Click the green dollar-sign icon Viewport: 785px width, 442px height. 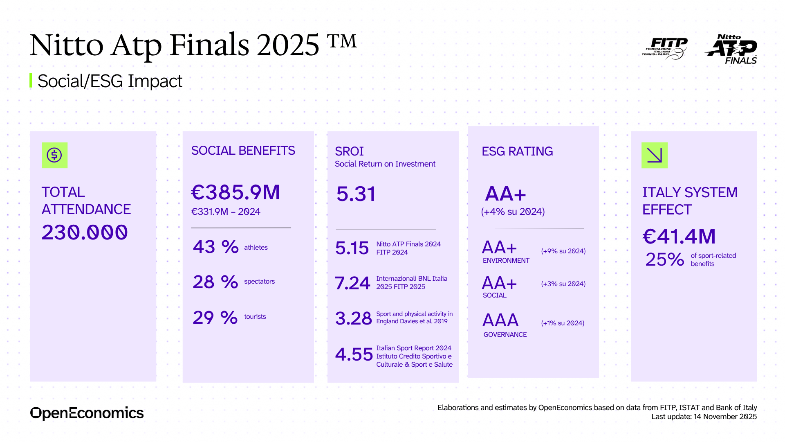point(54,155)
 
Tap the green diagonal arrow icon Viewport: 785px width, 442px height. point(654,155)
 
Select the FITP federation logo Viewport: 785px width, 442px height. point(665,48)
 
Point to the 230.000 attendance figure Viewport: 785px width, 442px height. point(85,232)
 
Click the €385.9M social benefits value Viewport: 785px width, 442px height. point(235,192)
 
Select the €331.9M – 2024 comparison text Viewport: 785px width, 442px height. point(226,212)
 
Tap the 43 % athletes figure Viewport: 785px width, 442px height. point(215,247)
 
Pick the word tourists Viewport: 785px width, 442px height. point(255,316)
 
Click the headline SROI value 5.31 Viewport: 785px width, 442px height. point(356,194)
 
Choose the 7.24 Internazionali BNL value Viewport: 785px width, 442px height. point(352,283)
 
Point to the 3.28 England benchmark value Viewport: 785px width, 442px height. point(353,318)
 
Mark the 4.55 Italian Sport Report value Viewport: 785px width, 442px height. point(354,354)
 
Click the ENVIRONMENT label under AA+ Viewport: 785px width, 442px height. point(506,260)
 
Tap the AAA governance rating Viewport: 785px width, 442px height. point(500,320)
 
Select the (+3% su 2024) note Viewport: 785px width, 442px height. point(563,284)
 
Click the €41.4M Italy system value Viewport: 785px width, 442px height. point(679,236)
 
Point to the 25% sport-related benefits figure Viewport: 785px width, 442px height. point(664,259)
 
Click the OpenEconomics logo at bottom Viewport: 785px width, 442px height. point(87,413)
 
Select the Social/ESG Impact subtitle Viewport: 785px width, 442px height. point(110,81)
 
